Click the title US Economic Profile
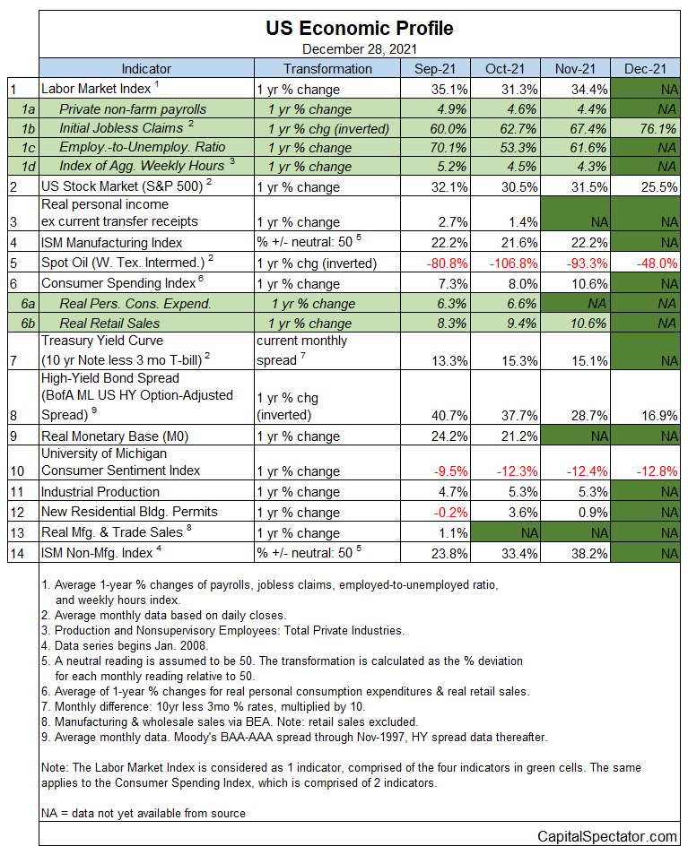point(359,28)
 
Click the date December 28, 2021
point(360,49)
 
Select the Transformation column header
point(327,69)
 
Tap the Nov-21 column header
point(575,69)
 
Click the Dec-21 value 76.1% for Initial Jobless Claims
point(658,129)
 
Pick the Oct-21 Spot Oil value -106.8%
point(513,263)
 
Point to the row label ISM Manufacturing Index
point(112,243)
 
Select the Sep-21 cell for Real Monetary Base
point(449,436)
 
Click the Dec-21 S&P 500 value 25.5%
point(659,187)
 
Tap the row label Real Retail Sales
point(109,324)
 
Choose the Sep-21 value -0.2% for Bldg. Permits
point(450,513)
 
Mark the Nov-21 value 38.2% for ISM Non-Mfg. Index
point(589,554)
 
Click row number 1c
point(29,148)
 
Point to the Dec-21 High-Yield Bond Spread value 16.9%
point(659,416)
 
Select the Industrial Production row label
point(100,492)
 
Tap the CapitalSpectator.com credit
point(607,836)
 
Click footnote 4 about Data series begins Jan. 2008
point(125,645)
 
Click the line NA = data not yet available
point(144,813)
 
